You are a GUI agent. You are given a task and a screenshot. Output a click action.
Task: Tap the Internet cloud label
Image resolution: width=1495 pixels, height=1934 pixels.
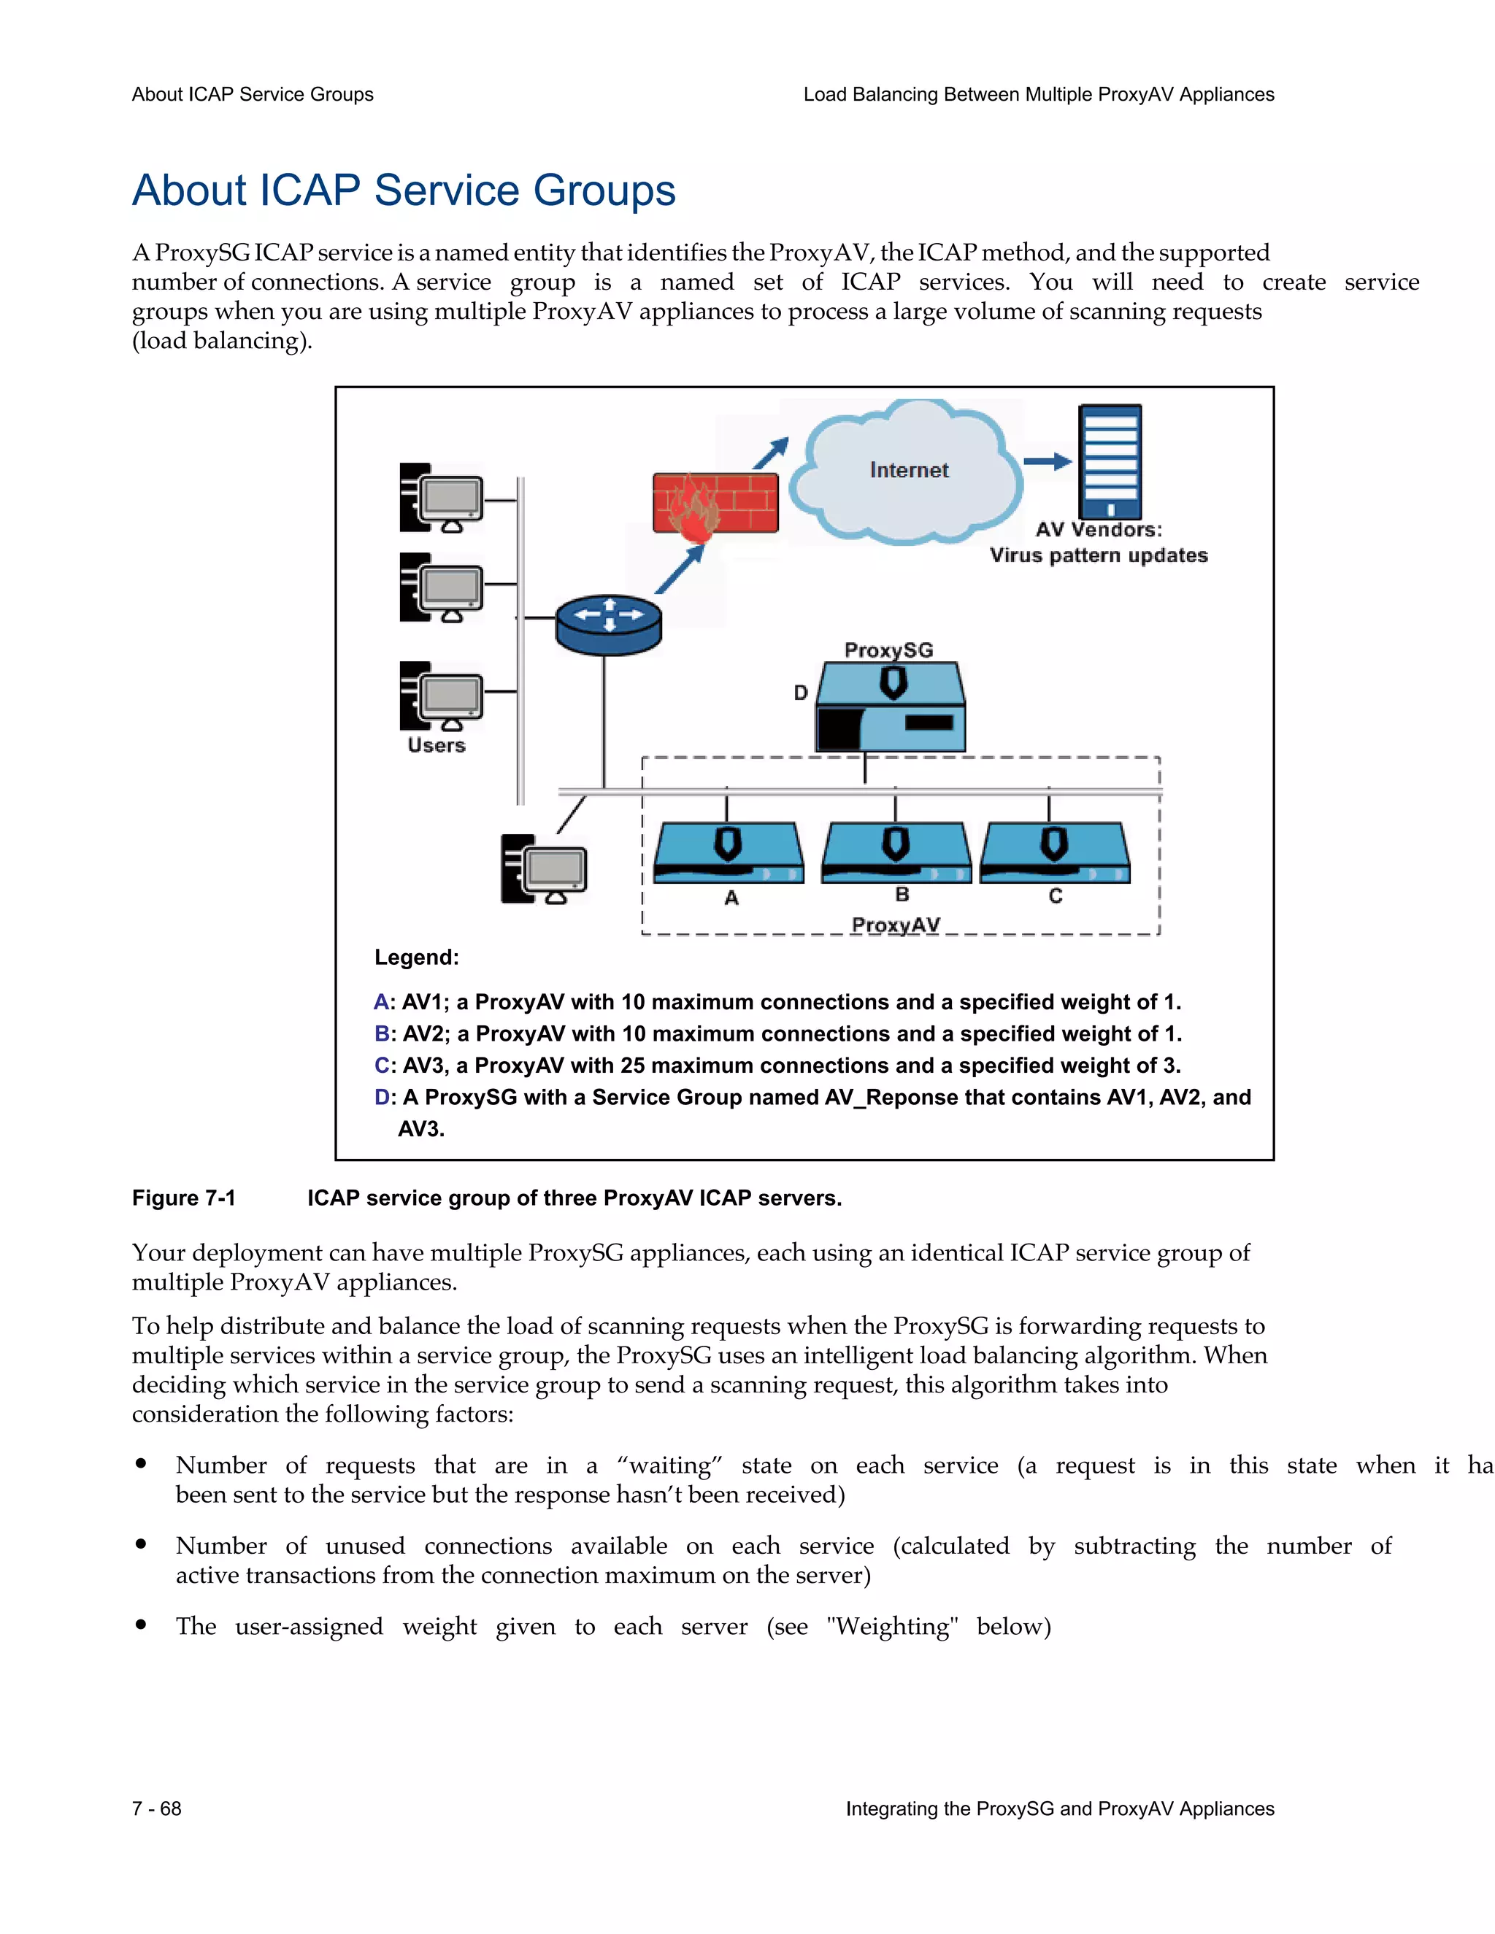point(909,470)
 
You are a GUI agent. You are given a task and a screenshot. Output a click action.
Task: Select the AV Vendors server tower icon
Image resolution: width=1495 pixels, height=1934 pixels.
point(1109,461)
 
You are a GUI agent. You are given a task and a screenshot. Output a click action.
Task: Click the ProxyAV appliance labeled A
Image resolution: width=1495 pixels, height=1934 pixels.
point(728,852)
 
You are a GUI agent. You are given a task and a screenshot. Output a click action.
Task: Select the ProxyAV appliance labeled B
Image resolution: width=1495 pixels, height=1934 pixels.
point(896,852)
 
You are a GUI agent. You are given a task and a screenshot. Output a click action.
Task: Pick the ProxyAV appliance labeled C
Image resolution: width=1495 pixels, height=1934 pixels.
point(1054,852)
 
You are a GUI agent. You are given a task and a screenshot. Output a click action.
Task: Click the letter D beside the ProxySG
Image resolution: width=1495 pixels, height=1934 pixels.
point(801,693)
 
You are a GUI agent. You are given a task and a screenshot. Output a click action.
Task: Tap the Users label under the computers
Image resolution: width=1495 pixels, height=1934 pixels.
point(436,746)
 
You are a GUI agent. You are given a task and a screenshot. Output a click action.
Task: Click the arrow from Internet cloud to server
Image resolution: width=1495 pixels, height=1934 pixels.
point(1047,461)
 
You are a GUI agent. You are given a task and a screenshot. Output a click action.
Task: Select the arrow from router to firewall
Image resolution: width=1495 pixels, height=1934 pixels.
point(680,569)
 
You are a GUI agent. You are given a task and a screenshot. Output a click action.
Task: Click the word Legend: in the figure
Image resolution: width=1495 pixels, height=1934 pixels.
point(416,958)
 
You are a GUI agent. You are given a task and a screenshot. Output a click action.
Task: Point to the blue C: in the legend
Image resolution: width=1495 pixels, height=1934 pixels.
point(383,1066)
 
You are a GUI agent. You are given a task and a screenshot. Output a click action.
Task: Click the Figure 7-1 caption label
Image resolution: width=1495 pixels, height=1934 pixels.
point(184,1198)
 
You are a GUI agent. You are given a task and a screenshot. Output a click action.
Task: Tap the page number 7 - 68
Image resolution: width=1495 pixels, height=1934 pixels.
point(157,1808)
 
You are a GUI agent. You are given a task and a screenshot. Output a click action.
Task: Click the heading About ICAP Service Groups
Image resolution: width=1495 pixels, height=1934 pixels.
point(404,190)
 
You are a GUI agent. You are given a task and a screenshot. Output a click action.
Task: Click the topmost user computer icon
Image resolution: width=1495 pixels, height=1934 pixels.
point(442,498)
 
